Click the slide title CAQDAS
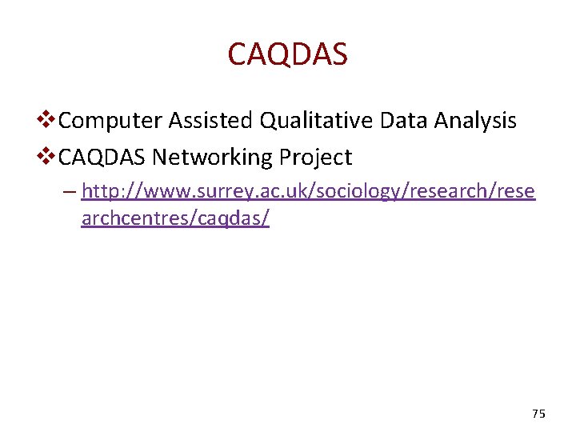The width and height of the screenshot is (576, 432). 287,54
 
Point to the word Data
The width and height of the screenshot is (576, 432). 404,121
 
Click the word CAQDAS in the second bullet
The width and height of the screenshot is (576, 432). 102,157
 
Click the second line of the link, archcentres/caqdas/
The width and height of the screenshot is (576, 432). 175,219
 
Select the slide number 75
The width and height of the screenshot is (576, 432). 538,414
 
